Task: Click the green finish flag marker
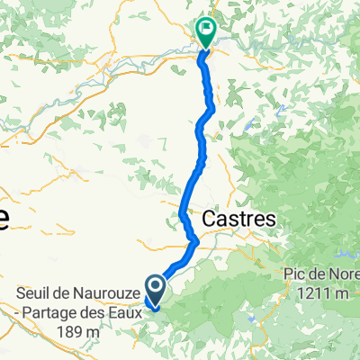pyautogui.click(x=205, y=32)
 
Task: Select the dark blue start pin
pyautogui.click(x=155, y=290)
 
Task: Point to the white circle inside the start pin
pyautogui.click(x=155, y=287)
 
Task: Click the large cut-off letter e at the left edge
pyautogui.click(x=4, y=221)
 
